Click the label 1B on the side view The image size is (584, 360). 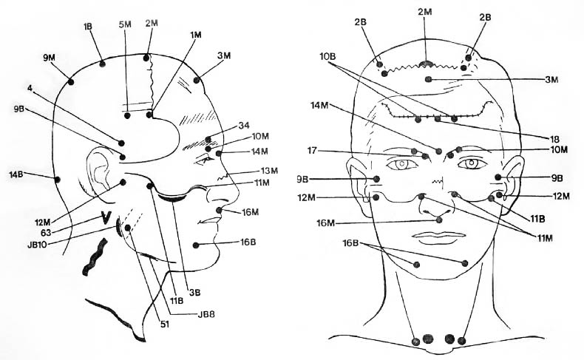[88, 27]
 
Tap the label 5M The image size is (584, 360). [125, 24]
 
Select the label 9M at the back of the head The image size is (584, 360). [49, 58]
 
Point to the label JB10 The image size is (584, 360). [37, 245]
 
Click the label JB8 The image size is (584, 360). [206, 314]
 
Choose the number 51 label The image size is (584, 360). [165, 325]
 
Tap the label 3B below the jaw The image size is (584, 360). [194, 293]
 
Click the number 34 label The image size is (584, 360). [244, 126]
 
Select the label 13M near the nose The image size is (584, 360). [269, 171]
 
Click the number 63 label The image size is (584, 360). [47, 233]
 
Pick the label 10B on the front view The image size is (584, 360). [327, 57]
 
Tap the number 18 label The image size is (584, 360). [554, 139]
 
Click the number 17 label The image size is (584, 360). [312, 150]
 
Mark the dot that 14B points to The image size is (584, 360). [58, 180]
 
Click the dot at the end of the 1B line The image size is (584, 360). [103, 64]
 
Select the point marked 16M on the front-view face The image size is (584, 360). [439, 220]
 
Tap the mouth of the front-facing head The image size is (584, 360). [441, 237]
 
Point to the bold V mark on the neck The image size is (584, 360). [106, 218]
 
